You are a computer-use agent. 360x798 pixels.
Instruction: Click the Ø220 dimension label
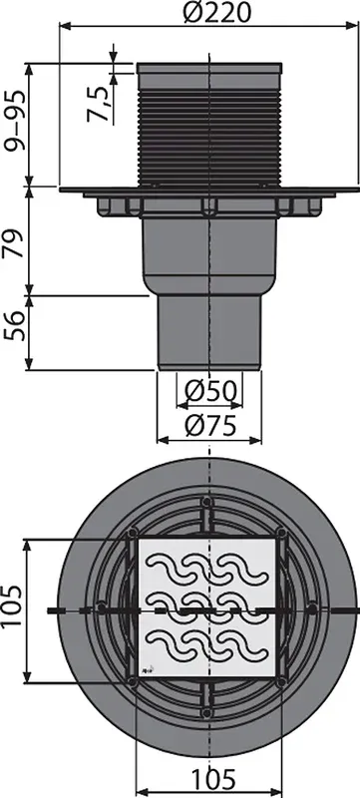[x=216, y=12]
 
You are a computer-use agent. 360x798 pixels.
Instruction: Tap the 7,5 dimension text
[x=98, y=104]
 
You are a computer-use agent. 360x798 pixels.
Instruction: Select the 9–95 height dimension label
[x=13, y=121]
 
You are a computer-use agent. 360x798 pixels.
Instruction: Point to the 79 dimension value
[x=13, y=243]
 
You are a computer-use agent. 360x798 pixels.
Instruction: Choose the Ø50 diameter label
[x=210, y=391]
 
